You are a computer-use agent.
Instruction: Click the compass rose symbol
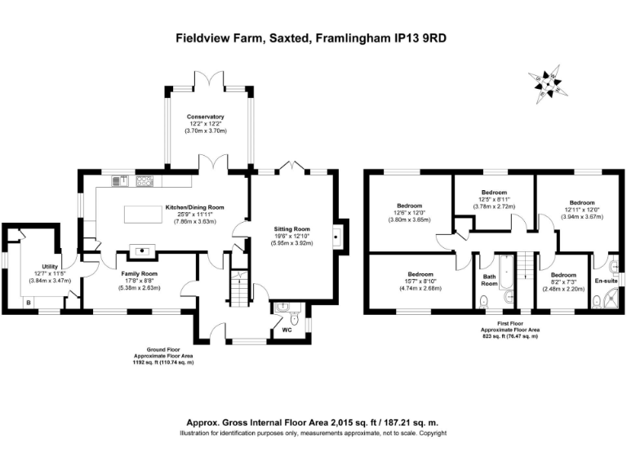click(x=546, y=82)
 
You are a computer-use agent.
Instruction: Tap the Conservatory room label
click(x=205, y=117)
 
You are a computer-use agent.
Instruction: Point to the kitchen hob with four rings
click(x=145, y=180)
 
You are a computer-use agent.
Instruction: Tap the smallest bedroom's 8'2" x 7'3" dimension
click(x=563, y=282)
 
